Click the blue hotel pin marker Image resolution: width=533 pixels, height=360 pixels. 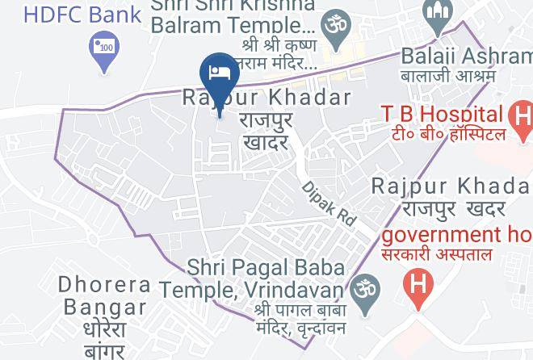[220, 71]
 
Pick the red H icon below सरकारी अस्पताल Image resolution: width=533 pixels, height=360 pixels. [418, 285]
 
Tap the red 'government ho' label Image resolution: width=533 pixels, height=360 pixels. [457, 235]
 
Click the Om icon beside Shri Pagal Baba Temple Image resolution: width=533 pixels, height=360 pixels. [363, 286]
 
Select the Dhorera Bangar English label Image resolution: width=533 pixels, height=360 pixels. [105, 295]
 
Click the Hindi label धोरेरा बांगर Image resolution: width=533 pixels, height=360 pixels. [105, 341]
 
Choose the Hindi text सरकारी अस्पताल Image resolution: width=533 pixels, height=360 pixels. [448, 256]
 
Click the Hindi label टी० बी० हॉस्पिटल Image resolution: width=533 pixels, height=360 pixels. [444, 134]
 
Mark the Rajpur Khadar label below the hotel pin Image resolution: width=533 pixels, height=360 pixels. [266, 98]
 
